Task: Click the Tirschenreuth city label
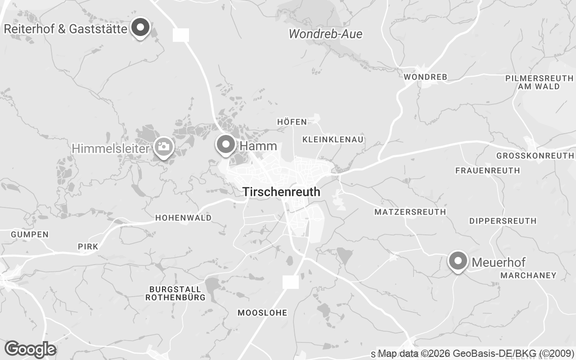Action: coord(281,192)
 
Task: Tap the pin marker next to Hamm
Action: coord(226,145)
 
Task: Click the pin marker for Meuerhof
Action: coord(458,261)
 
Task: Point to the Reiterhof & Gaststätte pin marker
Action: coord(140,28)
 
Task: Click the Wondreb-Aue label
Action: coord(325,34)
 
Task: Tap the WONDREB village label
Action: coord(425,77)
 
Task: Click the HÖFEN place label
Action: coord(292,122)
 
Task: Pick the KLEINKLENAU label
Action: coord(333,139)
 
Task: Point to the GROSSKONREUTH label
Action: coord(535,156)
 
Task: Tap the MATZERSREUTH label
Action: coord(410,211)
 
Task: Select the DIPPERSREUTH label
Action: coord(503,221)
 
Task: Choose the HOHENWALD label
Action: coord(183,218)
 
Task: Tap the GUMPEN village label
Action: coord(30,234)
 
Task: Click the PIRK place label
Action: coord(88,247)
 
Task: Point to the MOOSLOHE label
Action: coord(262,313)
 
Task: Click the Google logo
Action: coord(30,349)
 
